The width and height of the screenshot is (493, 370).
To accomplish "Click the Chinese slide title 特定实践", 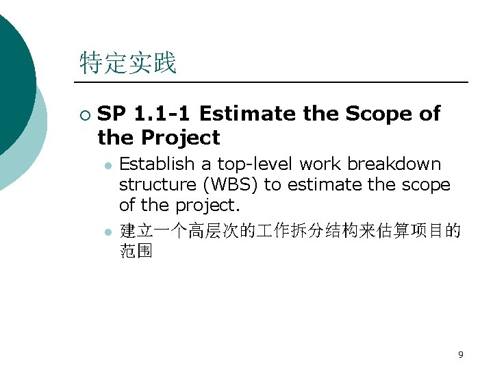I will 128,63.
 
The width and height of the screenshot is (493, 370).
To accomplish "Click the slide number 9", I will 460,354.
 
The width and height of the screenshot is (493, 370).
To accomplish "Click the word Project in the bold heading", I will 181,138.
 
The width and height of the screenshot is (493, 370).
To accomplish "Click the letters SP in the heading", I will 111,114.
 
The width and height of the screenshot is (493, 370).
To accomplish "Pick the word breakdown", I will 394,164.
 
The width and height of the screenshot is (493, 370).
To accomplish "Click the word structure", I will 155,184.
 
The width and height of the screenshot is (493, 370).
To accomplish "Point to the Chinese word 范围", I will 136,251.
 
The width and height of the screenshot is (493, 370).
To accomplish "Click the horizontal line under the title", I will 274,82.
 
